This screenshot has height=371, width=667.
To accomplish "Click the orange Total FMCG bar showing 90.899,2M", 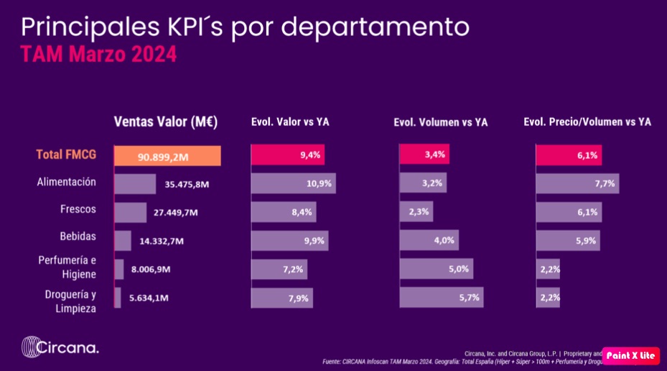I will (167, 155).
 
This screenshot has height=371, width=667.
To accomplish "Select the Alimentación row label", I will (66, 183).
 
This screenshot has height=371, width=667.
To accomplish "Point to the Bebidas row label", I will (78, 236).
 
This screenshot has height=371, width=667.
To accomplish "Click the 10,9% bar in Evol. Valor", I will (293, 183).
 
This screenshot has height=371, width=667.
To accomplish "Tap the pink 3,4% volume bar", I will (424, 155).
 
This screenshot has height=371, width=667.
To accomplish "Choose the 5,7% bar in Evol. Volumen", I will (441, 297).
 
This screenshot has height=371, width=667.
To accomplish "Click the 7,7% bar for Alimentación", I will (577, 183).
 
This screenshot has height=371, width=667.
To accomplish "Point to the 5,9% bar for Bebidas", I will (567, 240).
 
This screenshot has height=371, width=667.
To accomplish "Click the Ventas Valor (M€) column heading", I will (165, 122).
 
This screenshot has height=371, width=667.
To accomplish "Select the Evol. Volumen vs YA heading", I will (440, 123).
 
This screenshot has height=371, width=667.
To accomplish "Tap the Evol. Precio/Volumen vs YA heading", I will (587, 122).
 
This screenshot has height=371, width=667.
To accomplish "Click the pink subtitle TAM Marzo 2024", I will (98, 55).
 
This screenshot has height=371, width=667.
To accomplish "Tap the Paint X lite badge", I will (630, 355).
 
